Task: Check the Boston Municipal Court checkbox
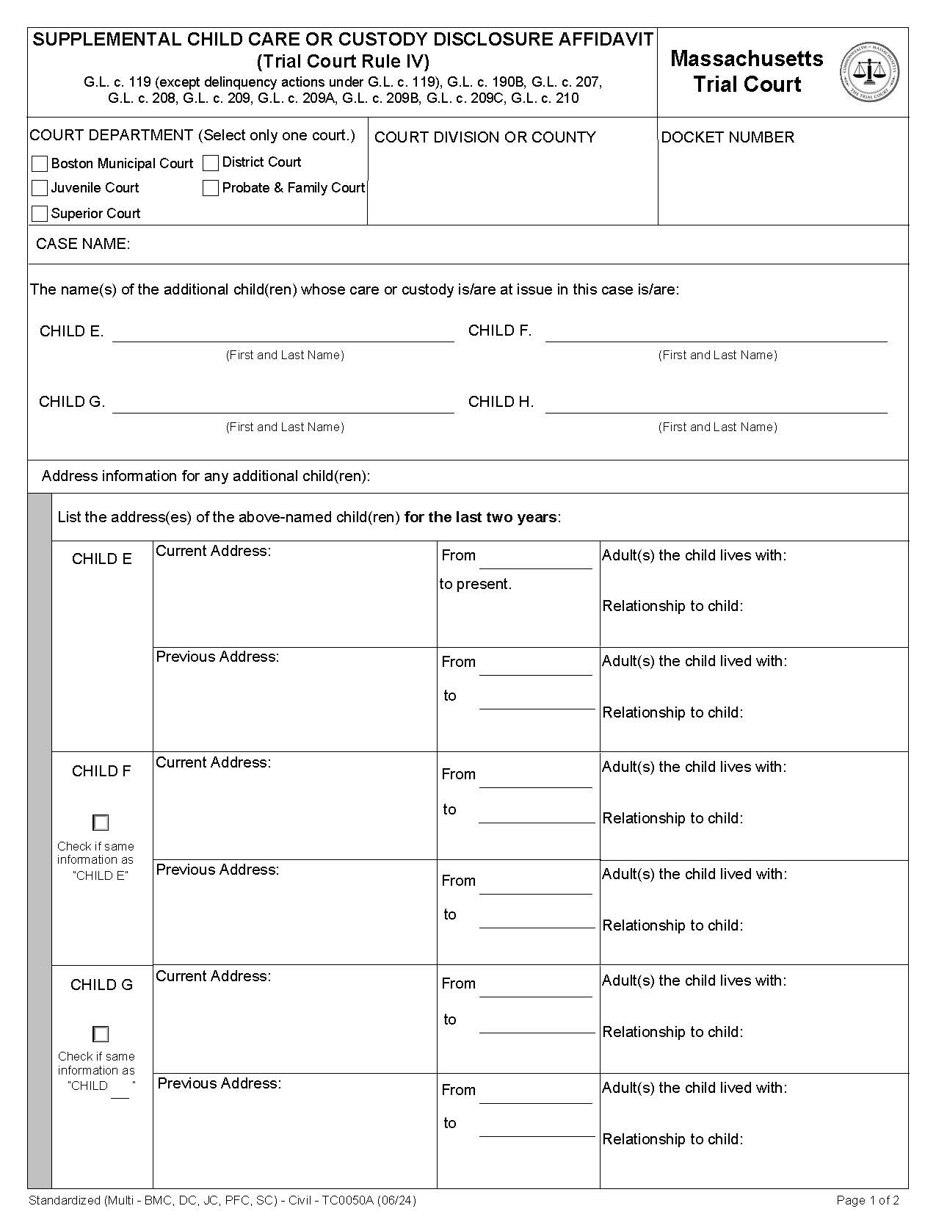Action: [x=40, y=163]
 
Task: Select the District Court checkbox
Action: [x=211, y=162]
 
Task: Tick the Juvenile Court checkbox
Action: [x=40, y=188]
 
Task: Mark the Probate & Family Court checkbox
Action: [x=211, y=188]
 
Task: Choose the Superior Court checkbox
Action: [x=40, y=214]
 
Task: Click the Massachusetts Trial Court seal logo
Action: [x=869, y=72]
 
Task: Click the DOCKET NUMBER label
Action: [x=728, y=137]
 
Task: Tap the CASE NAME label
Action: [x=83, y=244]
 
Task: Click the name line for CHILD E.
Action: [x=283, y=334]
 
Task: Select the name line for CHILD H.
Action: [x=716, y=405]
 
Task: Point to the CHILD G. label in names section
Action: [x=72, y=402]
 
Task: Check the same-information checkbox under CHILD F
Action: [x=101, y=823]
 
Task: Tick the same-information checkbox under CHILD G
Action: [x=101, y=1034]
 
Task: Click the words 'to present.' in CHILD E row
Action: [x=476, y=584]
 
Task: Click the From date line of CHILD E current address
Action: [x=535, y=560]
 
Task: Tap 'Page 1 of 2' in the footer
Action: [x=868, y=1200]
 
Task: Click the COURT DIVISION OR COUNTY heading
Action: [x=485, y=137]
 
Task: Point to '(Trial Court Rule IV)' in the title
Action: [x=343, y=62]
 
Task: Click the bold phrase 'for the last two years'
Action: [x=481, y=517]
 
